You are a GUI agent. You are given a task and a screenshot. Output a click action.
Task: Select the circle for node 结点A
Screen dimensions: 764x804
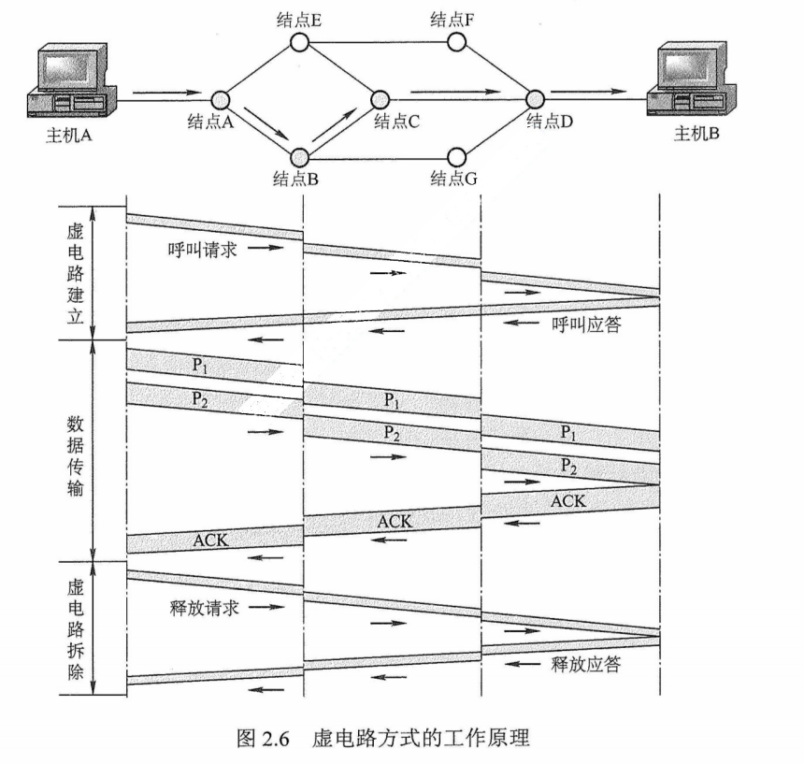[221, 98]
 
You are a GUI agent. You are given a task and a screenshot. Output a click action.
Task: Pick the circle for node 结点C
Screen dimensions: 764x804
[380, 98]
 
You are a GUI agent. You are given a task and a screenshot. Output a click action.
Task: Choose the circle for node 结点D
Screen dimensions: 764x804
[536, 98]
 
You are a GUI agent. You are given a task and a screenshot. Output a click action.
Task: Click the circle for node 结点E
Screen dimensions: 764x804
[299, 42]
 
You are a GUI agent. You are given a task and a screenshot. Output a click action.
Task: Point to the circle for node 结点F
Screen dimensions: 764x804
[457, 42]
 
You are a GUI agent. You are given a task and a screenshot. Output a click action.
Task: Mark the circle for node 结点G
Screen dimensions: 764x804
[457, 155]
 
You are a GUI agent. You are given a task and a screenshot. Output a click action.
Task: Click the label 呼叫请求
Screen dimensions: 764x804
[197, 249]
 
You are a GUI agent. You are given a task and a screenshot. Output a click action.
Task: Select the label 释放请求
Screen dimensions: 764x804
[197, 607]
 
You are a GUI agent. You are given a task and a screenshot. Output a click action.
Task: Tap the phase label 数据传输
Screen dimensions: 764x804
[75, 450]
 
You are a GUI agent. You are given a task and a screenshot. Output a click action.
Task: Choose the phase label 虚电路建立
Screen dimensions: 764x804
[75, 272]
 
